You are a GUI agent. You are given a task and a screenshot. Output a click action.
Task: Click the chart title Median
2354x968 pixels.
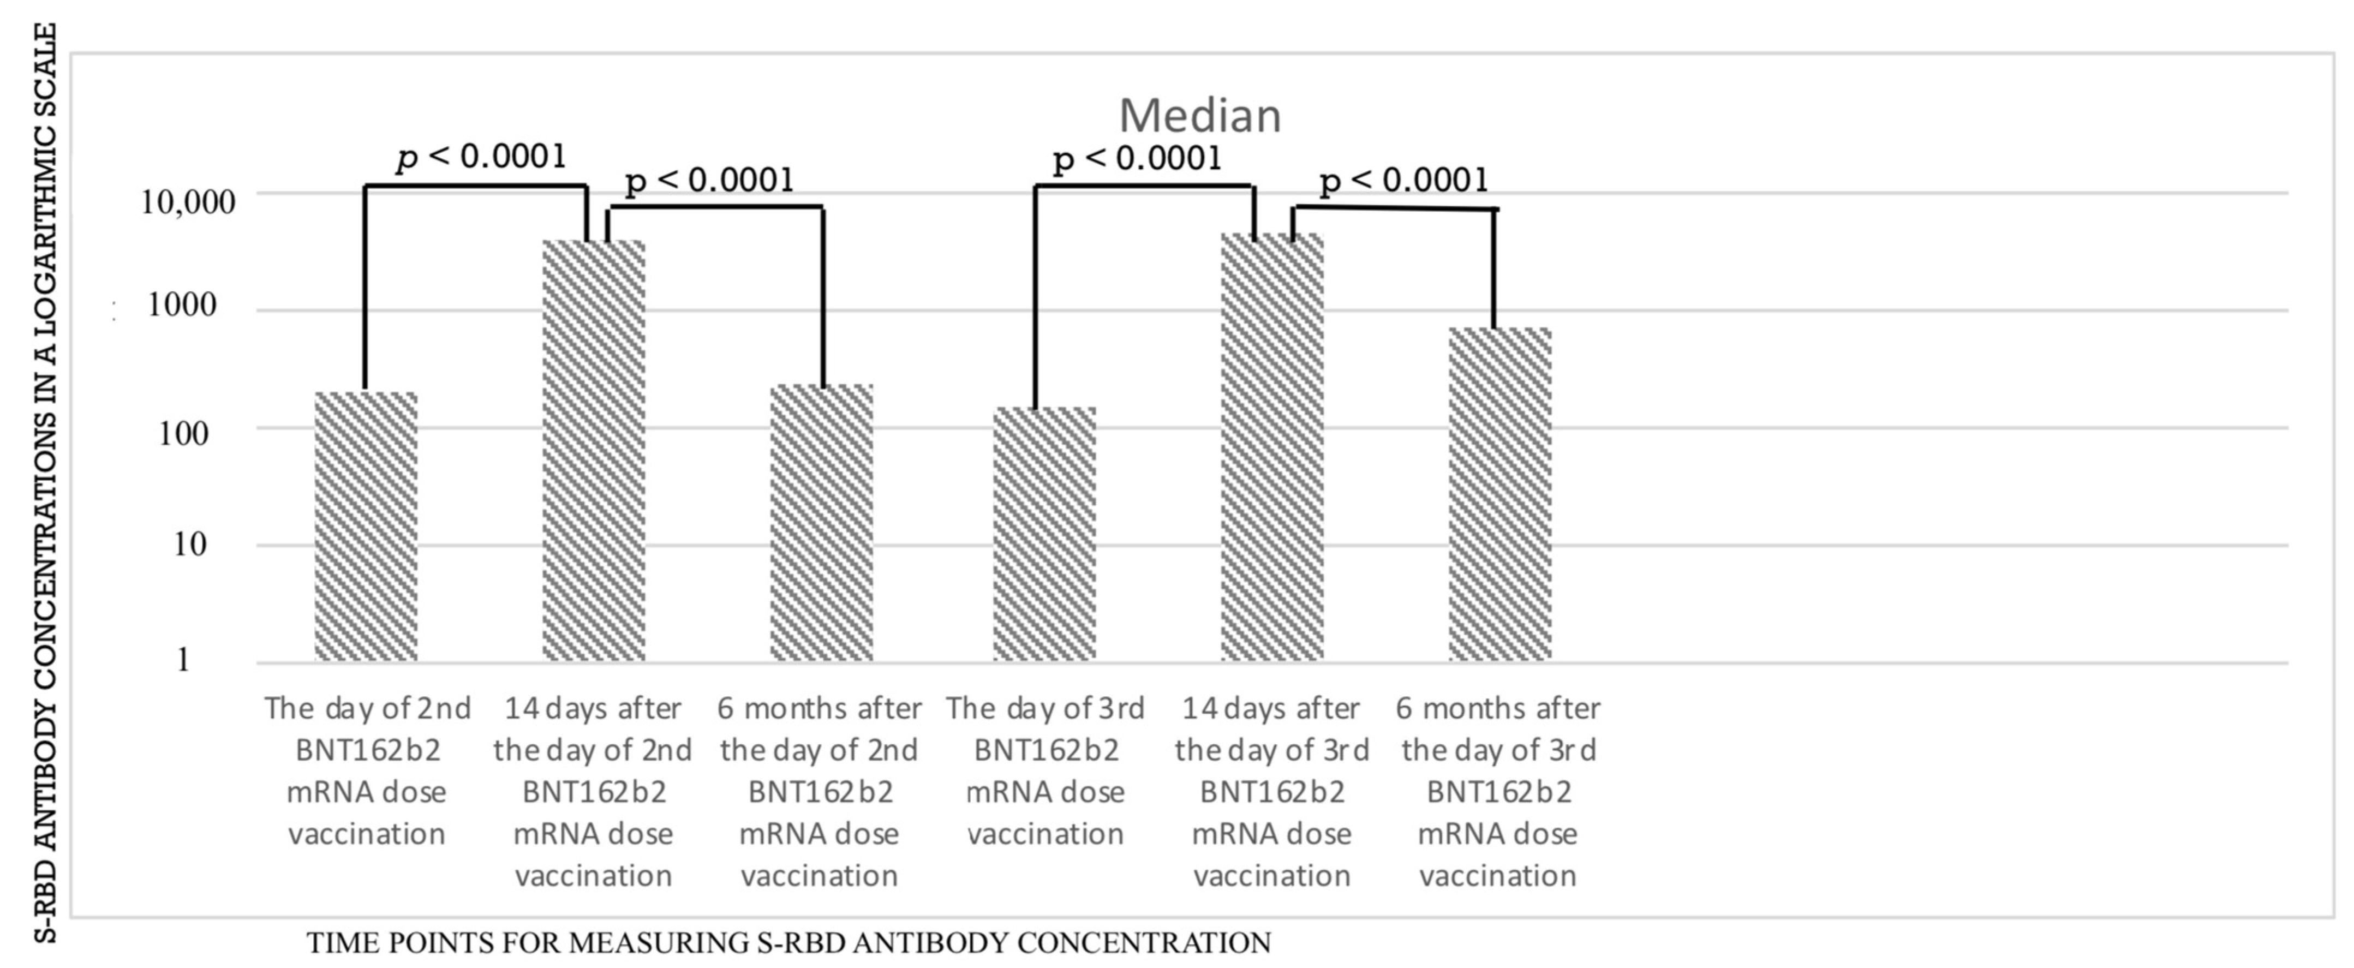pos(1200,116)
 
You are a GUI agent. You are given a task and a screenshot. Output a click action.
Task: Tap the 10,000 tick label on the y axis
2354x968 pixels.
pos(187,202)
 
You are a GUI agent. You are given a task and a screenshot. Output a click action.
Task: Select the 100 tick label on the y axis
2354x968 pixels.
pos(183,433)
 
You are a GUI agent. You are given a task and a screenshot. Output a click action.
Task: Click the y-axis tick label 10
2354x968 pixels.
pos(189,545)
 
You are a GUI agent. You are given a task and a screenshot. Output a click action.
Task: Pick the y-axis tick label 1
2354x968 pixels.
pos(183,660)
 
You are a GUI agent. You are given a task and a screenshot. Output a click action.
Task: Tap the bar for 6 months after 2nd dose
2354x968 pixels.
pos(821,523)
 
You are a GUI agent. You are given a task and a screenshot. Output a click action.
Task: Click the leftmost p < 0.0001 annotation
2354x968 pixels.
pos(482,157)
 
